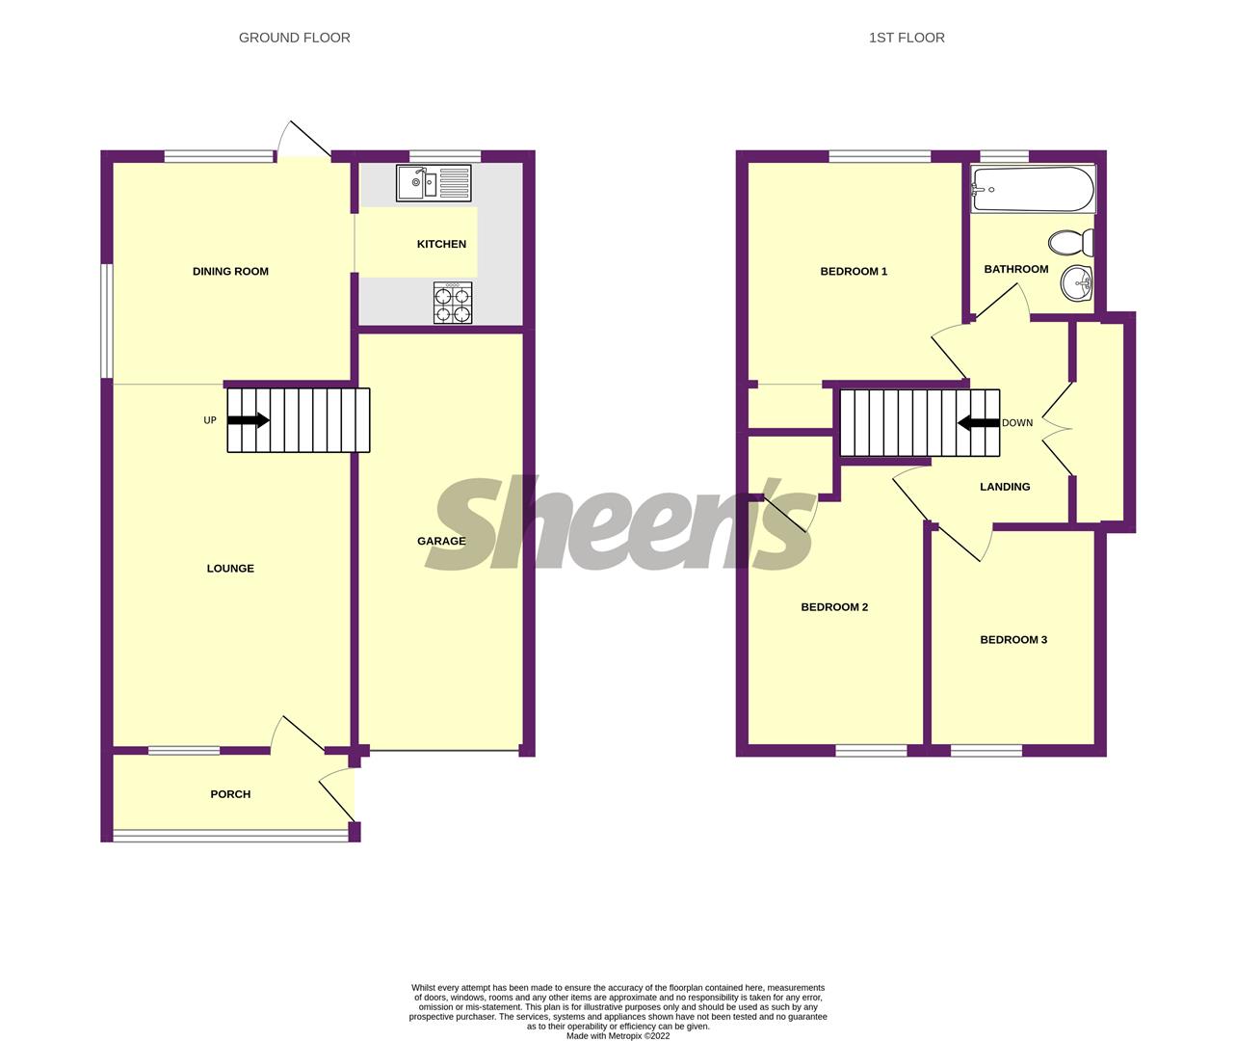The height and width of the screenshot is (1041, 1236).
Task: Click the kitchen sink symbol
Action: coord(434,183)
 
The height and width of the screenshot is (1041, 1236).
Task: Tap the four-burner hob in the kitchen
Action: coord(454,304)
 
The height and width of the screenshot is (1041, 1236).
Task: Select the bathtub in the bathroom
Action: coord(1033,189)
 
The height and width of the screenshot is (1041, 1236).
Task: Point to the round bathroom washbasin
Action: coord(1076,283)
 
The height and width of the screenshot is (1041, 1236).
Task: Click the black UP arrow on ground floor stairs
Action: coord(249,420)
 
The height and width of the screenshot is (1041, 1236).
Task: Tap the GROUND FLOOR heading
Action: coord(294,38)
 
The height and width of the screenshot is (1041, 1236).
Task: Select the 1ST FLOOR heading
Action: coord(906,38)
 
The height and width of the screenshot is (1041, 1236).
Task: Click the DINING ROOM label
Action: coord(230,272)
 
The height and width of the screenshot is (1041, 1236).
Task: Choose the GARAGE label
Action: coord(441,542)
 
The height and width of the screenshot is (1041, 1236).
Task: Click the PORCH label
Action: coord(230,794)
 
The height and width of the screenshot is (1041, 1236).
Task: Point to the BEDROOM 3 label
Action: coord(1013,640)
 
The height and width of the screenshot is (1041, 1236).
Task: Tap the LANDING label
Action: coord(1005,487)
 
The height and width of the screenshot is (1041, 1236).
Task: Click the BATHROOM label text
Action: coord(1015,269)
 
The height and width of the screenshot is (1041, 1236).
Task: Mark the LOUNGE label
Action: coord(230,569)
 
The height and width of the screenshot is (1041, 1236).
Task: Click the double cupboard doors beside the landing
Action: coord(1058,429)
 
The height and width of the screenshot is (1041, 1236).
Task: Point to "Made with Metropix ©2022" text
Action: coord(618,1036)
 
